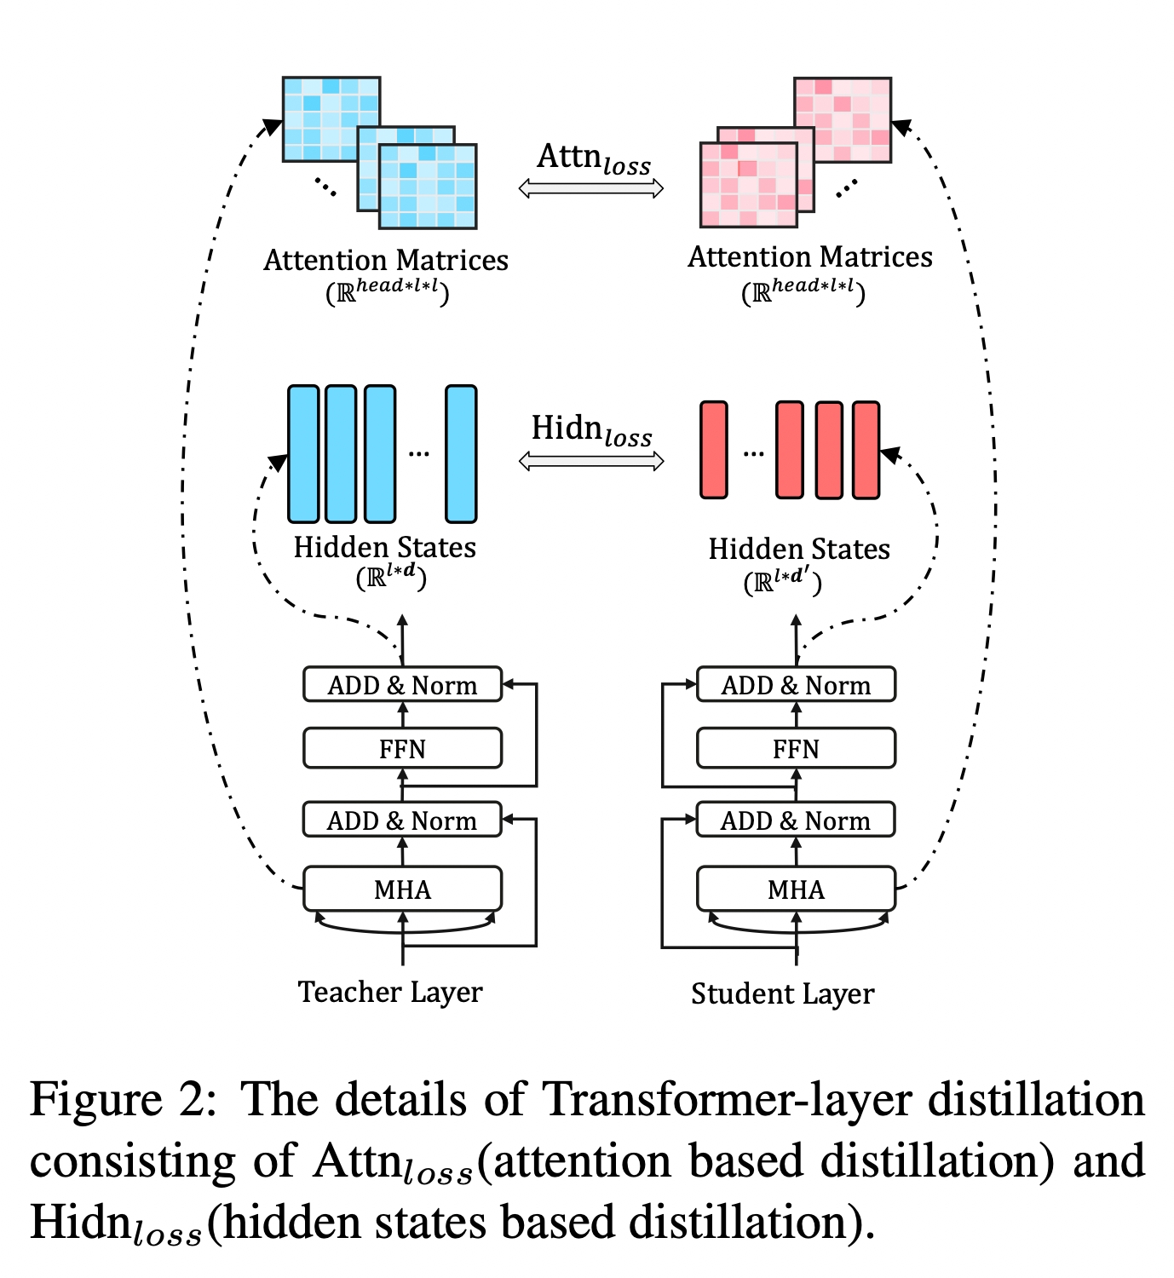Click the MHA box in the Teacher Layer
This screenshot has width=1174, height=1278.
tap(402, 889)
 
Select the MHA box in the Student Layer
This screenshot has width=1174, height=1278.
tap(796, 889)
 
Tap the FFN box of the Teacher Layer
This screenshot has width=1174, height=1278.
tap(402, 748)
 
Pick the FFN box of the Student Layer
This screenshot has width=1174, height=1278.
tap(796, 748)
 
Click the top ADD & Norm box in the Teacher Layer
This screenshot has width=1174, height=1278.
tap(402, 684)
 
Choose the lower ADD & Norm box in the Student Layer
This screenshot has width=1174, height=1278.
tap(796, 820)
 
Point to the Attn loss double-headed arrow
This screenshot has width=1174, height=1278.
tap(590, 188)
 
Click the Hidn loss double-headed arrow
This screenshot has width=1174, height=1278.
tap(590, 461)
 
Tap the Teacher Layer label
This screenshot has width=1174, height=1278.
tap(389, 992)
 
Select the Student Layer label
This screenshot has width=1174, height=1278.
tap(782, 993)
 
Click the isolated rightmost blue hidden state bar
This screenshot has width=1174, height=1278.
tap(461, 453)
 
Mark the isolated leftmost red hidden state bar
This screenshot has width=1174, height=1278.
tap(713, 450)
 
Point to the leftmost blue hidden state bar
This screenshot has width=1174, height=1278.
tap(303, 453)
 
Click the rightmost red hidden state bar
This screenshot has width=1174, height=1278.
tap(866, 450)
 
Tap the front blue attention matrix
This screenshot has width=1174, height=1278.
tap(428, 187)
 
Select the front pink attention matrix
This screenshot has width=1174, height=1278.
tap(748, 185)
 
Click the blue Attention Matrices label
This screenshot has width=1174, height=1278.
tap(386, 260)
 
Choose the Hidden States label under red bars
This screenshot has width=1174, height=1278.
tap(798, 549)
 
